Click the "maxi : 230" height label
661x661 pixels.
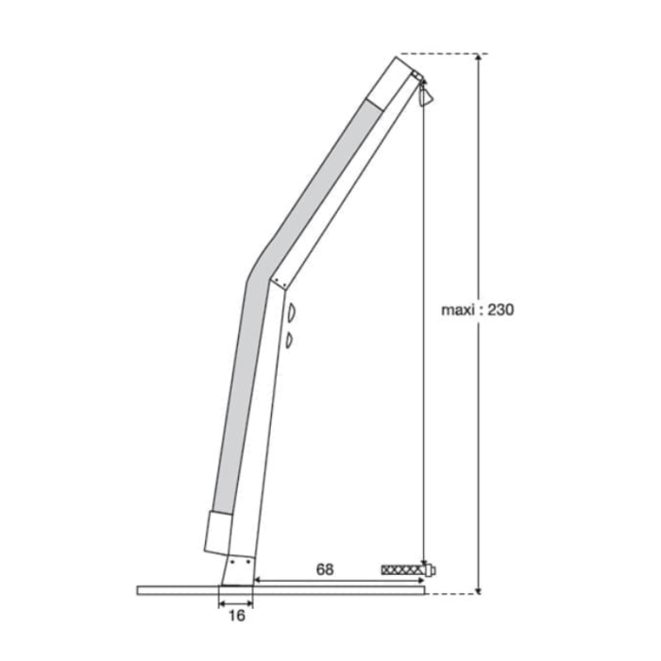pos(477,308)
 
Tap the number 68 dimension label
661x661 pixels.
pos(325,569)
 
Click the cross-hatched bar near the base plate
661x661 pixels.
pos(403,570)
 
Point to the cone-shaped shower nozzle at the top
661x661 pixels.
pos(426,95)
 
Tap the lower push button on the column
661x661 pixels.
pos(290,338)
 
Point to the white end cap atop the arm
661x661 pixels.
pos(391,81)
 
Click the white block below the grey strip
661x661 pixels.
pos(216,531)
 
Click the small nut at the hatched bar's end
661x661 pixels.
pos(432,570)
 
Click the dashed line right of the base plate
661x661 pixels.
pos(451,594)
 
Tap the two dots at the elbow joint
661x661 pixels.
pos(277,281)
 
